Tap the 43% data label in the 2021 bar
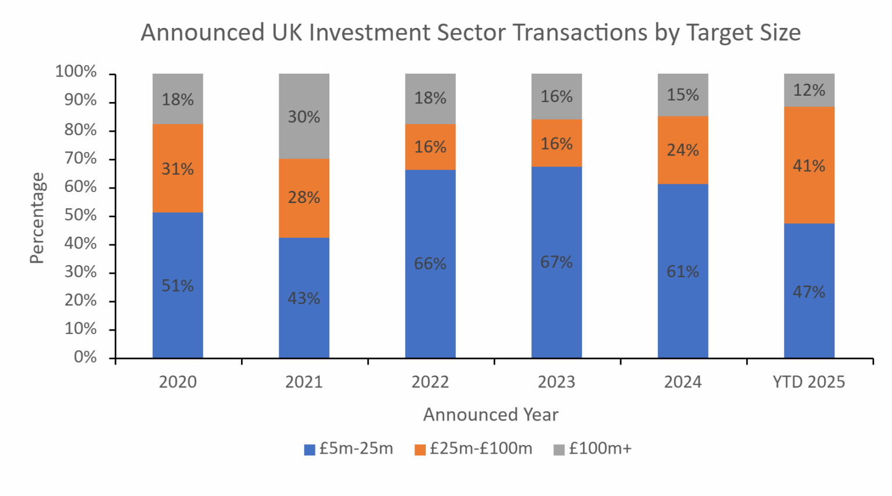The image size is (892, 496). tap(304, 298)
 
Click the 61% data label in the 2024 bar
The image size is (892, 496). tap(683, 271)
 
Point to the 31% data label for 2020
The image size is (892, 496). tap(178, 169)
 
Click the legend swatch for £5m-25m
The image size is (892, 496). tap(310, 450)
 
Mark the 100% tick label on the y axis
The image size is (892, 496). tap(76, 71)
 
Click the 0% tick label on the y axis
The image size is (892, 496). tap(85, 357)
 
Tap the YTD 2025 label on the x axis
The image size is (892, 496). tap(808, 382)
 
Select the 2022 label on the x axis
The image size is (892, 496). tap(430, 382)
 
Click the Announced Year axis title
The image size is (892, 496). tap(491, 414)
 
